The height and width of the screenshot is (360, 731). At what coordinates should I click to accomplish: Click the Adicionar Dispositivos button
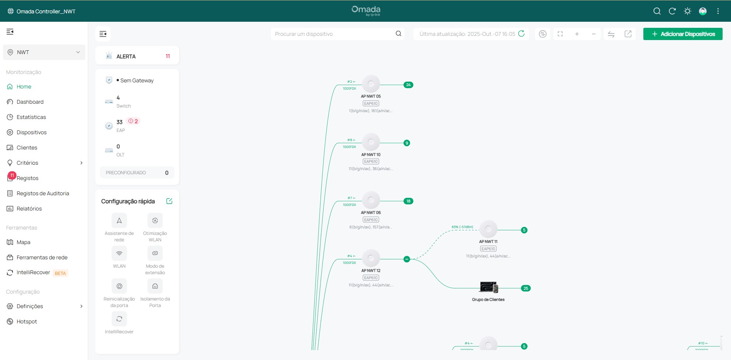683,34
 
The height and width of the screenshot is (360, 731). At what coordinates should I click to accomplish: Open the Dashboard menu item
30,102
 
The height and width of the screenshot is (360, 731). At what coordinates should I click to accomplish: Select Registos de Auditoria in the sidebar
43,193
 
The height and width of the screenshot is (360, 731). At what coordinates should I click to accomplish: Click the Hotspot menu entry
27,321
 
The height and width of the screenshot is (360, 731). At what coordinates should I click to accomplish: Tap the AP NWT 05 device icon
371,84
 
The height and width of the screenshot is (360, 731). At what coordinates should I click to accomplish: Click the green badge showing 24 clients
408,85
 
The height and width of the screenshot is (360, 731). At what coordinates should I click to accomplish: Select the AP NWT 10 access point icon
371,142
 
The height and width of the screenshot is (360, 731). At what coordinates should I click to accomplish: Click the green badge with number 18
408,201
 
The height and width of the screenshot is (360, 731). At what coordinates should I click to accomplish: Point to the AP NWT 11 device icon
488,229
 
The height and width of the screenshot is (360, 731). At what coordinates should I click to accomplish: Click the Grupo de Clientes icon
488,287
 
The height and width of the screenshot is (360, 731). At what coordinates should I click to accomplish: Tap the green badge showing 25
526,288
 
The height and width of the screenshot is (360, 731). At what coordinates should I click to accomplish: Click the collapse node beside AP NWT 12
407,259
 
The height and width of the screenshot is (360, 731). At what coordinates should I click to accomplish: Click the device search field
333,34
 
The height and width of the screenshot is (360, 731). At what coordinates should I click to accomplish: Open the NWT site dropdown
44,52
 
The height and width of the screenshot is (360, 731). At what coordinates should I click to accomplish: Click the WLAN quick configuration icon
119,254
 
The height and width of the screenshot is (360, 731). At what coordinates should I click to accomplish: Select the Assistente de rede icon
119,221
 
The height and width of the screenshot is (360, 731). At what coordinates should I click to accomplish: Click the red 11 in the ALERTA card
168,56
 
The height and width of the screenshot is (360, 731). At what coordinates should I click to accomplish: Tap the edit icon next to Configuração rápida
169,201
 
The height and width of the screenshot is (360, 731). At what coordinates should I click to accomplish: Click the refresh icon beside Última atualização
521,34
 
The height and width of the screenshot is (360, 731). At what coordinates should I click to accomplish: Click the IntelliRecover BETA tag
60,273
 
